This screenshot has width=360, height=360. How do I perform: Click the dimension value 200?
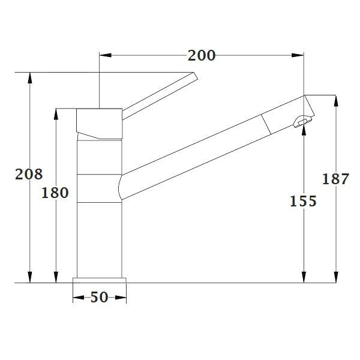coord(201,56)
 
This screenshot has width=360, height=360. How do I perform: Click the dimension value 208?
coord(29,174)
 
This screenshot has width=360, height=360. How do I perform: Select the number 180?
coord(56,193)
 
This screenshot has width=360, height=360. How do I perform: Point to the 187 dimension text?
coord(335,179)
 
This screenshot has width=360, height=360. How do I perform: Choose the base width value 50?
coord(100,297)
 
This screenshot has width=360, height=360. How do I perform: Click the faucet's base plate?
coord(100,280)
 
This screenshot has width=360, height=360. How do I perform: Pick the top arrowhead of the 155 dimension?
coord(304,131)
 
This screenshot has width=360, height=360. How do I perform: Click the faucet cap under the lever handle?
coord(100,122)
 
